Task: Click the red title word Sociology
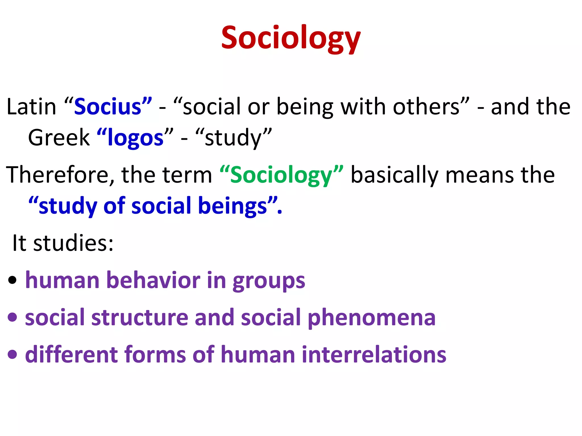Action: pyautogui.click(x=291, y=38)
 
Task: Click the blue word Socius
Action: pyautogui.click(x=108, y=107)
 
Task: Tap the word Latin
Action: pyautogui.click(x=31, y=107)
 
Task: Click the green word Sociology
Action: pyautogui.click(x=281, y=175)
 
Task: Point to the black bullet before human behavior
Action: pyautogui.click(x=12, y=280)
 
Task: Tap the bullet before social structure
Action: pyautogui.click(x=12, y=317)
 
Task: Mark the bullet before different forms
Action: pyautogui.click(x=12, y=354)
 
